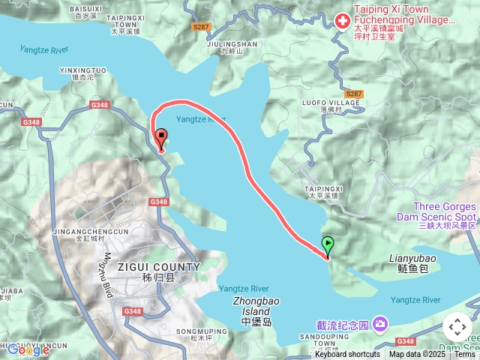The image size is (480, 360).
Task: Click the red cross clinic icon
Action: pos(342,18)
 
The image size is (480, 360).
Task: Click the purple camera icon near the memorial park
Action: pos(381,324)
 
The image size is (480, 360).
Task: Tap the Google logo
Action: pos(28,349)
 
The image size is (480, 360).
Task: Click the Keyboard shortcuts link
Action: pos(347,355)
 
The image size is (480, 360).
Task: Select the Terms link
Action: pos(465,355)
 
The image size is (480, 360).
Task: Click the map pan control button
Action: pos(457,327)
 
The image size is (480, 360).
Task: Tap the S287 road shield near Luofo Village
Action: pos(354,94)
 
